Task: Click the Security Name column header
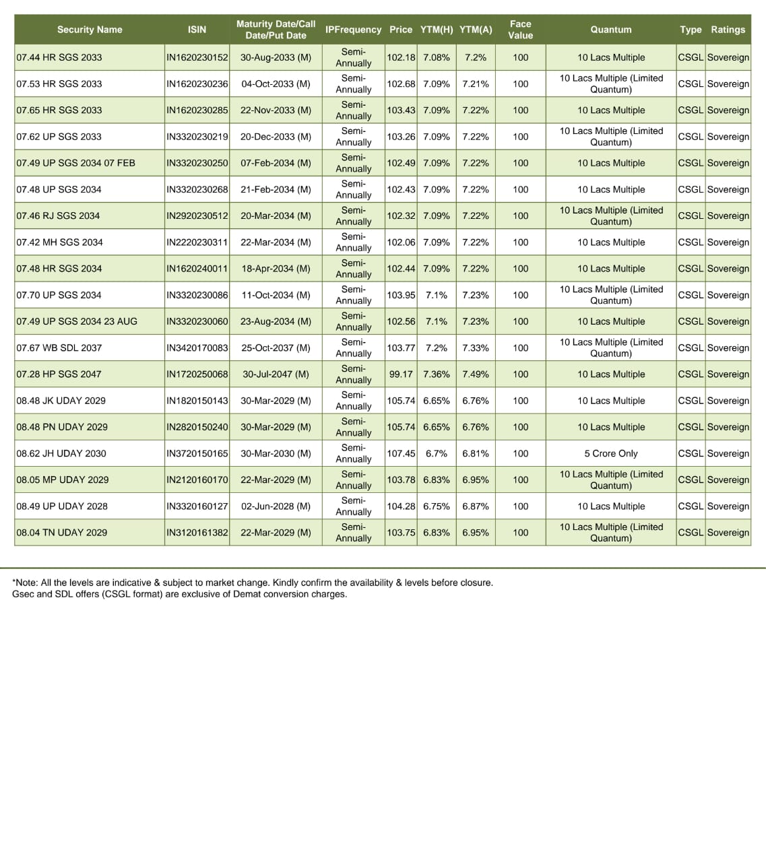(x=90, y=30)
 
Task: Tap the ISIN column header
(x=197, y=30)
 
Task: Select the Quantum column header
(x=611, y=30)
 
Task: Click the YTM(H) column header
(x=437, y=30)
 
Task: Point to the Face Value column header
(x=520, y=30)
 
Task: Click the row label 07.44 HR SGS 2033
(x=59, y=57)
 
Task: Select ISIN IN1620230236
(x=197, y=84)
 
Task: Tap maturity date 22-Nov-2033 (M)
(x=276, y=110)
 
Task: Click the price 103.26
(x=401, y=137)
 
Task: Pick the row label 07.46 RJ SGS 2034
(x=58, y=215)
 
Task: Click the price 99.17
(x=401, y=374)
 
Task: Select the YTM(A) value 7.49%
(x=476, y=374)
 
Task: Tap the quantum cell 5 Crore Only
(x=611, y=453)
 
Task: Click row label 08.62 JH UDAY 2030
(x=61, y=453)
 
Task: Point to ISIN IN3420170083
(x=197, y=347)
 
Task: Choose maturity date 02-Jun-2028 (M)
(x=276, y=506)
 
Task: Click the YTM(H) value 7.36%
(x=437, y=374)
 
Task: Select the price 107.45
(x=401, y=453)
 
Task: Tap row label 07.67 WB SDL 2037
(x=59, y=347)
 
